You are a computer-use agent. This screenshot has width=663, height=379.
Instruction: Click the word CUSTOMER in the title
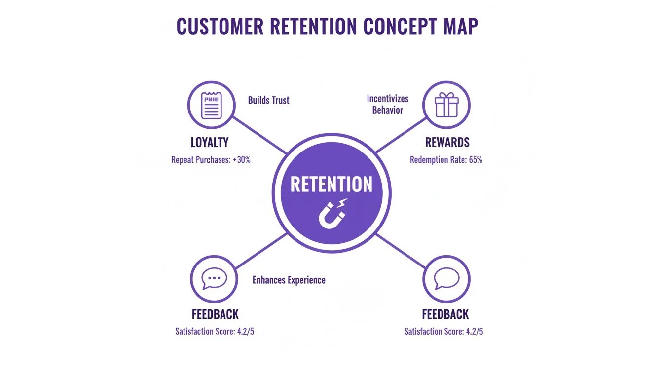pyautogui.click(x=220, y=27)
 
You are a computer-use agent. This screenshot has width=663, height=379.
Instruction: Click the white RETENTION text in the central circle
pyautogui.click(x=331, y=185)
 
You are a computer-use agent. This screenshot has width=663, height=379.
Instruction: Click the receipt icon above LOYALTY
pyautogui.click(x=212, y=105)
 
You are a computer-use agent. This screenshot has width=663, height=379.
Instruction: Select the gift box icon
pyautogui.click(x=446, y=105)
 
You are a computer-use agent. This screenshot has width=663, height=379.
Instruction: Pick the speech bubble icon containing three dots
pyautogui.click(x=214, y=279)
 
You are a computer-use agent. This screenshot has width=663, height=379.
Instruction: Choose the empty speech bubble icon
pyautogui.click(x=446, y=279)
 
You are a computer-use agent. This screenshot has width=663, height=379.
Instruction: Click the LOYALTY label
pyautogui.click(x=210, y=143)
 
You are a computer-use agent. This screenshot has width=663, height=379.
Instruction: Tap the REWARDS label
pyautogui.click(x=447, y=143)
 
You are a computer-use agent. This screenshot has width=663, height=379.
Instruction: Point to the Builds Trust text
pyautogui.click(x=268, y=100)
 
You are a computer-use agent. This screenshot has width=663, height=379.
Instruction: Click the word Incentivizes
pyautogui.click(x=388, y=99)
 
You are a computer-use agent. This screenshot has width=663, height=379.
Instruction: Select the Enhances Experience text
pyautogui.click(x=289, y=280)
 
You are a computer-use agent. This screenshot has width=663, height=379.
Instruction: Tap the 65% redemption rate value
pyautogui.click(x=474, y=160)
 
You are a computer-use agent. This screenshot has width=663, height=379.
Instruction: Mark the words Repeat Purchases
pyautogui.click(x=199, y=160)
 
